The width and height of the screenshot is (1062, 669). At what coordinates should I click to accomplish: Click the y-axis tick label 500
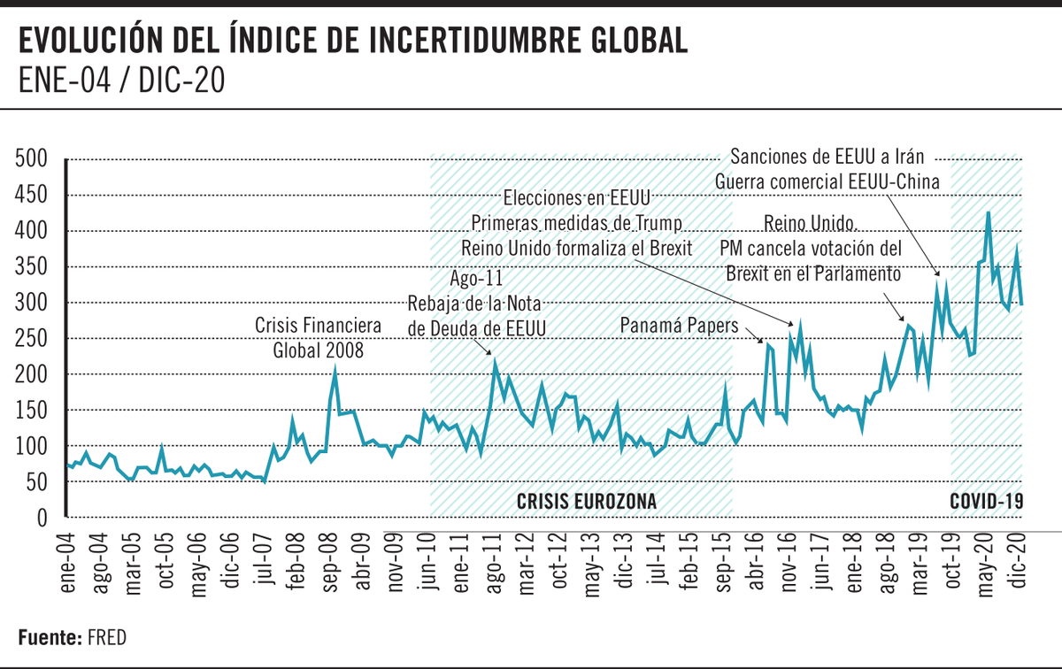point(31,160)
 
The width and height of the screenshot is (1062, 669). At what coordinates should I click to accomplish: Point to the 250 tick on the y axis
point(31,339)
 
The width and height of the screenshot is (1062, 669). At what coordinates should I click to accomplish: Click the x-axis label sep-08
point(330,559)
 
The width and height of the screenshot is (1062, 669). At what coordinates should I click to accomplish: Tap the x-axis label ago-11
point(493,559)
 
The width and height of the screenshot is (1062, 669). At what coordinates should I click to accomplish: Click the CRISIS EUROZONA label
point(587,502)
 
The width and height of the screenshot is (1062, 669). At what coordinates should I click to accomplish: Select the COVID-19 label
point(986,502)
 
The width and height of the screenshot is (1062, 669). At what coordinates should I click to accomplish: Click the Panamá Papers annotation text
point(678,327)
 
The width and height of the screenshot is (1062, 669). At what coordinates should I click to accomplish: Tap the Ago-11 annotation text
point(477,277)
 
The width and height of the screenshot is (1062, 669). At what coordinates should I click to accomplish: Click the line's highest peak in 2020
point(988,212)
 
